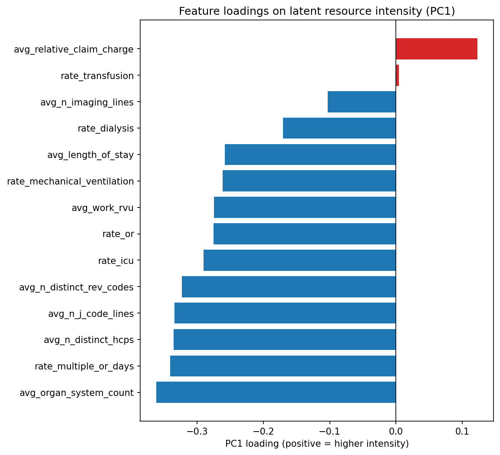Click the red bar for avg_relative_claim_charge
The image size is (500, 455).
click(x=436, y=49)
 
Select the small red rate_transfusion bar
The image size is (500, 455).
click(x=397, y=76)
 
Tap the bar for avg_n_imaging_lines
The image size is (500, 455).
click(x=362, y=102)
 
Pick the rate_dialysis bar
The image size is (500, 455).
click(x=339, y=129)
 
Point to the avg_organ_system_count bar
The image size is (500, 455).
click(x=276, y=392)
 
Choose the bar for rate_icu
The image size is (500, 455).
click(x=299, y=260)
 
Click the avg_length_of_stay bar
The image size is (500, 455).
click(x=310, y=155)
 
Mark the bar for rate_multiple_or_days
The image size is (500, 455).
click(x=283, y=366)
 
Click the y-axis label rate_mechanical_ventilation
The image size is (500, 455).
click(x=70, y=181)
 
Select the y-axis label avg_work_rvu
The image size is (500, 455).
click(x=102, y=208)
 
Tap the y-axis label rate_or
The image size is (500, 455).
click(x=118, y=234)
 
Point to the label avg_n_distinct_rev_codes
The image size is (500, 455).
click(x=76, y=287)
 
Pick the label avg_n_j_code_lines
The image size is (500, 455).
click(x=91, y=313)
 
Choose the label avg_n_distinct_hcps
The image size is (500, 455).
click(x=89, y=340)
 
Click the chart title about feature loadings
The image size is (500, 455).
click(x=317, y=11)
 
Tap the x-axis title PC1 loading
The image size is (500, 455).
click(x=317, y=444)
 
